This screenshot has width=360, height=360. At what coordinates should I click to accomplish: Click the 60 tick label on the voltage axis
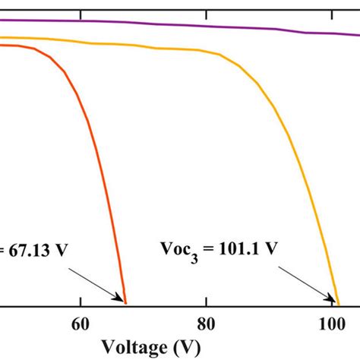(x=80, y=324)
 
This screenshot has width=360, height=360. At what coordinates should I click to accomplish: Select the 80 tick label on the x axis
(x=206, y=324)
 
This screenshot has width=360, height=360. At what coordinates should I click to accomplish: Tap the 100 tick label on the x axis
(x=332, y=324)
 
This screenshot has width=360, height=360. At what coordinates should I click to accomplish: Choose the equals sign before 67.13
(x=5, y=250)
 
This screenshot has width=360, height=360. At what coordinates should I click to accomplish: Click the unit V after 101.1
(x=270, y=248)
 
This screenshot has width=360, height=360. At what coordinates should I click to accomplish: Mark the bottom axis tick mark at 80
(x=206, y=304)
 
